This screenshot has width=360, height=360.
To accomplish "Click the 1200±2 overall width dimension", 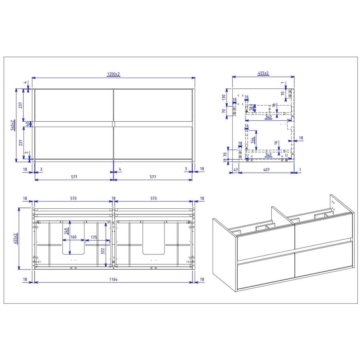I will point(113,74).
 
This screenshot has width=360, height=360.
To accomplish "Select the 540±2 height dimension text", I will point(13,125).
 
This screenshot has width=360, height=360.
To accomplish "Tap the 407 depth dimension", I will point(266,170).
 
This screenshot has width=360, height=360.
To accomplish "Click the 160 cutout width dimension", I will point(73,237).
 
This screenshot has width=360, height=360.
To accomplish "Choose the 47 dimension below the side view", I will point(236,170).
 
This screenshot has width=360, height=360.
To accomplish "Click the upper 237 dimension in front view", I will point(20,105).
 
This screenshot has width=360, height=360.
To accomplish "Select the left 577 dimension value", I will point(74,176).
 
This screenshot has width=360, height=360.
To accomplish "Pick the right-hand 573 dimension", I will point(154,198).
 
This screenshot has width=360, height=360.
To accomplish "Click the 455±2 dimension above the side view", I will point(263,73).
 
